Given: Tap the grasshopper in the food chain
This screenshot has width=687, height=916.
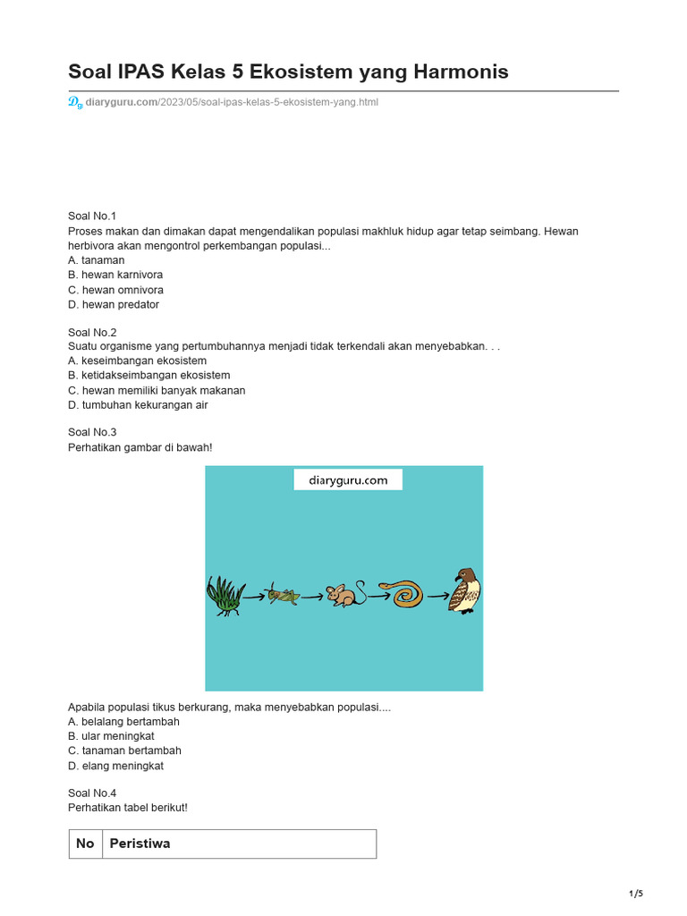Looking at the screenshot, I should click(x=284, y=594).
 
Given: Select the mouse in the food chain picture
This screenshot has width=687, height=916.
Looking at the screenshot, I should click(x=344, y=595).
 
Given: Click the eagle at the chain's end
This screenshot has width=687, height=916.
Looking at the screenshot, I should click(x=466, y=590).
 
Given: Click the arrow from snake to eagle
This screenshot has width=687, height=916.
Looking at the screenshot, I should click(x=438, y=595).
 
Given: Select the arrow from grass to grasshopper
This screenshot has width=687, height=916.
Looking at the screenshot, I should click(x=255, y=594).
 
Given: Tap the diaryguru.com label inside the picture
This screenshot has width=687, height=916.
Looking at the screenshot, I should click(x=348, y=480).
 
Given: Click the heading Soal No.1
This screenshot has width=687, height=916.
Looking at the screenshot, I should click(x=92, y=216).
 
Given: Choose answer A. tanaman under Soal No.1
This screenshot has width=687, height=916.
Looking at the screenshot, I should click(x=97, y=260).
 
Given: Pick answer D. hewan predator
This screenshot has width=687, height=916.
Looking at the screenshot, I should click(x=114, y=304).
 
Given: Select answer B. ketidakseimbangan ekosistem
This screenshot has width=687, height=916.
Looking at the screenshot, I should click(x=148, y=376).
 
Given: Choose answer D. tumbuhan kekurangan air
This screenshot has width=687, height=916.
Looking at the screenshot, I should click(x=138, y=405).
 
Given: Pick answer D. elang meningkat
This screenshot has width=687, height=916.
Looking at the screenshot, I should click(x=115, y=766).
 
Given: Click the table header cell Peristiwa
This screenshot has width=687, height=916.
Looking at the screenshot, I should click(x=140, y=844).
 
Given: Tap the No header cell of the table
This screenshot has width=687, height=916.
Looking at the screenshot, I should click(x=85, y=844).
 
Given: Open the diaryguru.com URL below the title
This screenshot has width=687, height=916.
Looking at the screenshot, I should click(x=231, y=102).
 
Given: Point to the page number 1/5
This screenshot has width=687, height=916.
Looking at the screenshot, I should click(x=636, y=894).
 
